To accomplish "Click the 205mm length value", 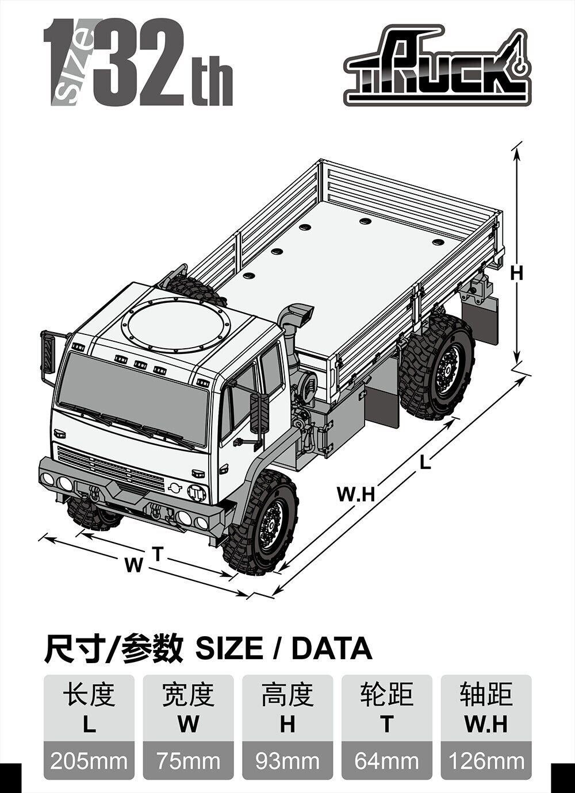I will click(x=89, y=761).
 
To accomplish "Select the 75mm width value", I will click(x=188, y=761).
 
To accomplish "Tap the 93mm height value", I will click(x=287, y=761).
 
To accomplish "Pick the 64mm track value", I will click(x=386, y=761).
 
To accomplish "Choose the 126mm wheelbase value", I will click(x=486, y=761).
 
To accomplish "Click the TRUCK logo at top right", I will click(x=437, y=66).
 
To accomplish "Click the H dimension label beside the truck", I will click(x=517, y=274).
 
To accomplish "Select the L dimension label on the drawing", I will click(x=425, y=462).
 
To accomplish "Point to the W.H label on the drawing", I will click(x=355, y=494).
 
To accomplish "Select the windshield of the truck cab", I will click(x=132, y=396).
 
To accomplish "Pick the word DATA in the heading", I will click(x=332, y=649).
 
